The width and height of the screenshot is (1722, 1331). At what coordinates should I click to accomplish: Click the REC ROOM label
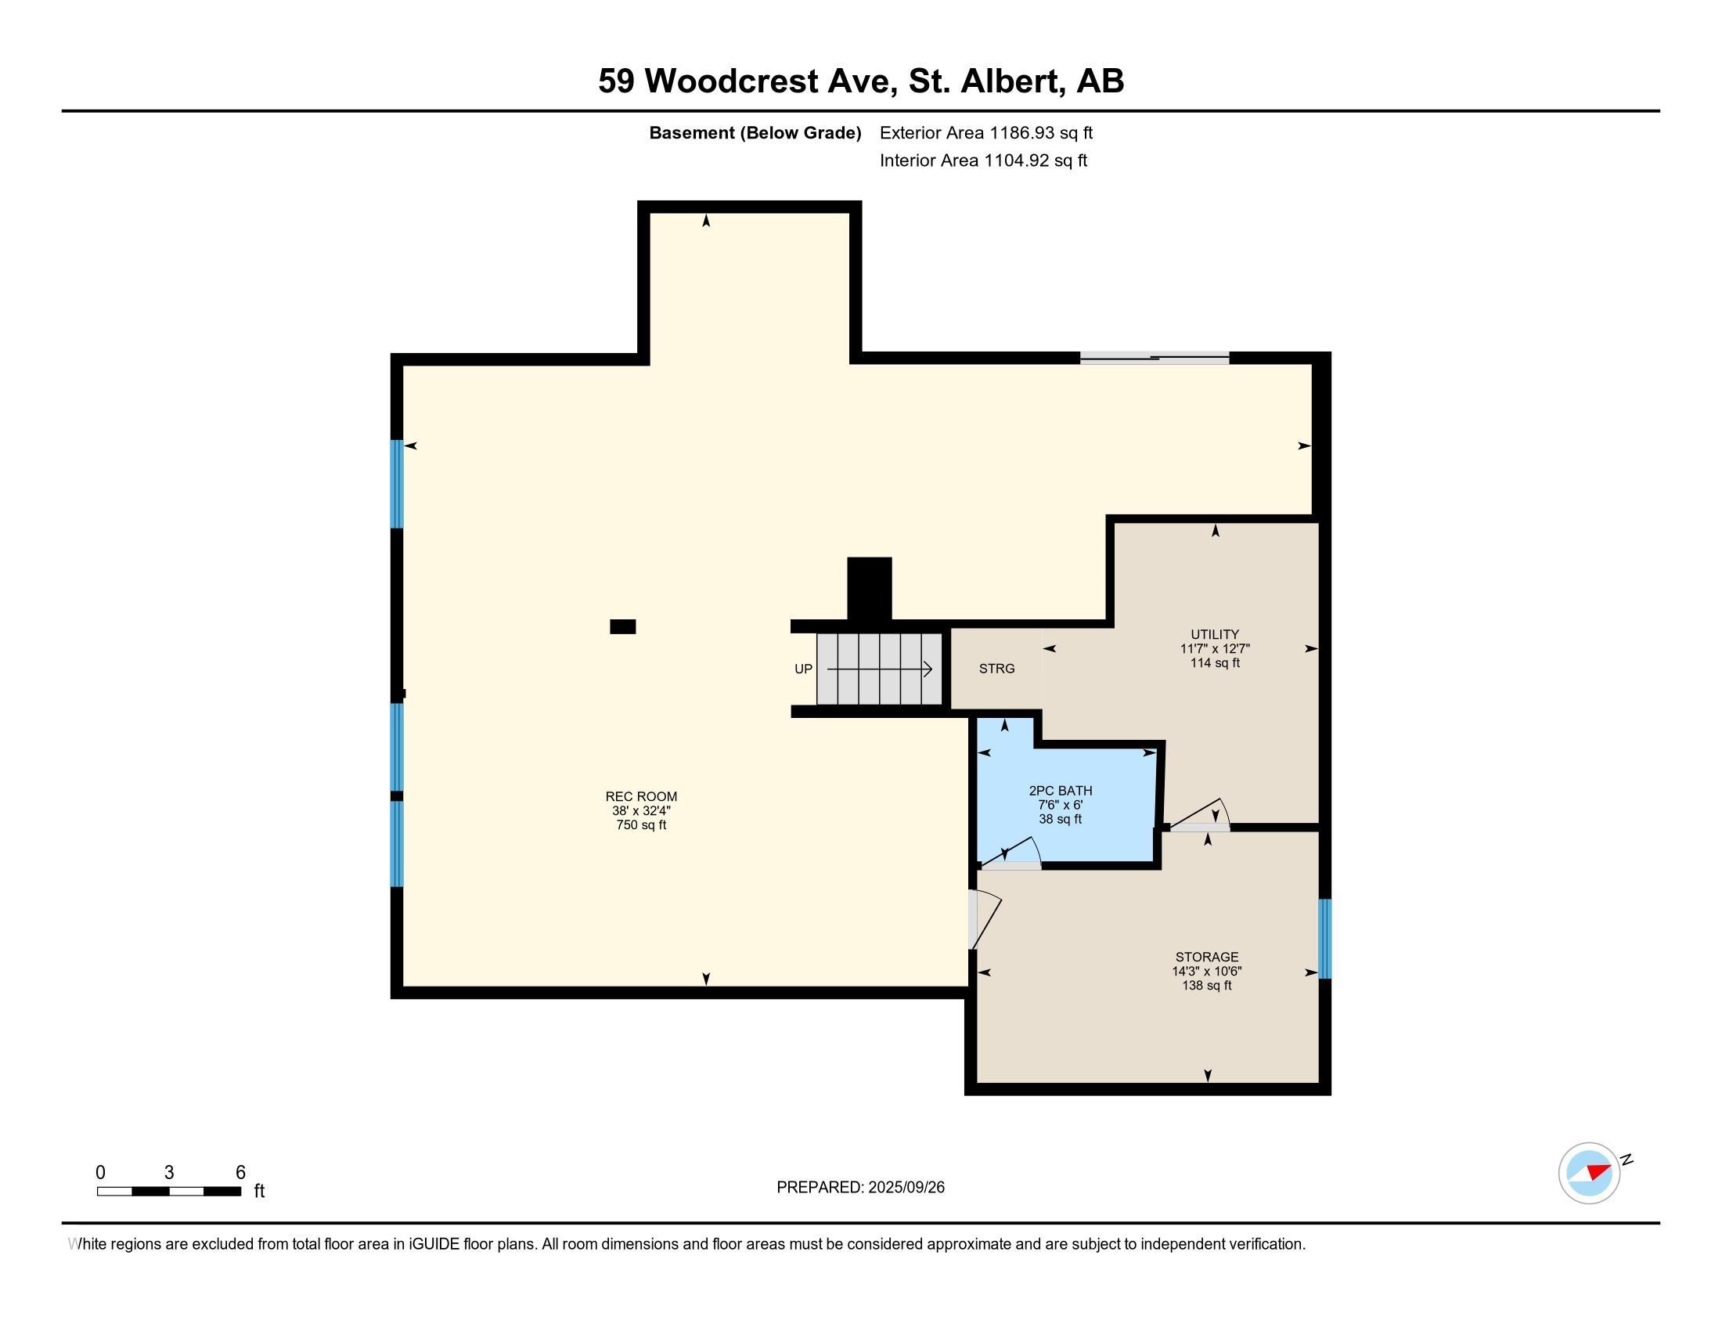[641, 796]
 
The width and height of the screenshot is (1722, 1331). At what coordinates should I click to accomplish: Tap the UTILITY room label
[1215, 634]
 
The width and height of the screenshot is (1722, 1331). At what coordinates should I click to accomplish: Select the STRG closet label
[996, 669]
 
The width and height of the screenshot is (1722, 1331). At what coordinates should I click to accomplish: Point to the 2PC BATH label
[1061, 791]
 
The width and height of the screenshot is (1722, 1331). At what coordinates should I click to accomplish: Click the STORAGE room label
[1206, 958]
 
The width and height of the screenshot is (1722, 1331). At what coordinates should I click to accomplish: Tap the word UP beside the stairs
[803, 669]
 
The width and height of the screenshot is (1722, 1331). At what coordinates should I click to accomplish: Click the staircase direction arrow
[879, 669]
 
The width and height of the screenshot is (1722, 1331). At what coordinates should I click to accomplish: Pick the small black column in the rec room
[623, 627]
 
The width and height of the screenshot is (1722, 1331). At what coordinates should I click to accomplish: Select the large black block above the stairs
[870, 589]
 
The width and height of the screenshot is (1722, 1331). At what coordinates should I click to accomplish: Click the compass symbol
[1590, 1173]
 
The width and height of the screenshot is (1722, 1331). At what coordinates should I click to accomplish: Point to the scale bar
[169, 1192]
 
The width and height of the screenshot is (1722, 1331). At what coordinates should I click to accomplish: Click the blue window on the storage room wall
[1324, 938]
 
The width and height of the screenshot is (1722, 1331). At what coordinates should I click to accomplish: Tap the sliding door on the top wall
[1155, 358]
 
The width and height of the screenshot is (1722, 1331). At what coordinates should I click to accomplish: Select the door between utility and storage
[1199, 816]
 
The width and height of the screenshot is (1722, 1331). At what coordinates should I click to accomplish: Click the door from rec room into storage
[984, 919]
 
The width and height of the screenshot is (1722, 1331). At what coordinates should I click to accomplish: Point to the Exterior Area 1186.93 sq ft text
[986, 132]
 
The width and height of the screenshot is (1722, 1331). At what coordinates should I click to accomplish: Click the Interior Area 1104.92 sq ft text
[983, 160]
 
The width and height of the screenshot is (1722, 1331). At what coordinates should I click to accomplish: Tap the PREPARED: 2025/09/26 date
[860, 1187]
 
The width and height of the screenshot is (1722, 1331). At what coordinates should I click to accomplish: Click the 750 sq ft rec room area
[641, 824]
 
